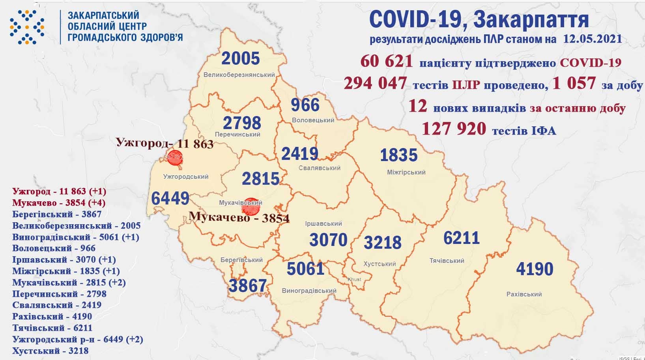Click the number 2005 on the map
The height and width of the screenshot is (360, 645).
[241, 59]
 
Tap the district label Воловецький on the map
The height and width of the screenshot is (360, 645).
[313, 120]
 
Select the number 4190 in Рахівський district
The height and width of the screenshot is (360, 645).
[535, 269]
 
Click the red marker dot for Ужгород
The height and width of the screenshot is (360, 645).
[174, 158]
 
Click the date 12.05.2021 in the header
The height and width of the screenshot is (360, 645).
[591, 39]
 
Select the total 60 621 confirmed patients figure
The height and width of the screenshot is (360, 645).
[387, 62]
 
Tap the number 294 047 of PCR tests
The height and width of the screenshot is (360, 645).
[375, 83]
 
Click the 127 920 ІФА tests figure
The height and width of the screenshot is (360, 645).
[454, 129]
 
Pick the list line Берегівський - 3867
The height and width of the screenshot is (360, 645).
[57, 214]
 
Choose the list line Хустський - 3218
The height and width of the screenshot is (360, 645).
[50, 351]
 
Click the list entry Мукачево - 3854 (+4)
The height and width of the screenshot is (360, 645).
[59, 203]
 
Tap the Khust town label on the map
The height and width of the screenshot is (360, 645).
[354, 279]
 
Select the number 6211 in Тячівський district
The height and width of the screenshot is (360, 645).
[461, 238]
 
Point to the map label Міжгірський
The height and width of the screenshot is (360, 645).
[406, 172]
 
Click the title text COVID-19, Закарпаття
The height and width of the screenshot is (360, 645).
[479, 20]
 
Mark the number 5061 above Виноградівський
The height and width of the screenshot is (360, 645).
[305, 269]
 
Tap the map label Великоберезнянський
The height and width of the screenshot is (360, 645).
[239, 75]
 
